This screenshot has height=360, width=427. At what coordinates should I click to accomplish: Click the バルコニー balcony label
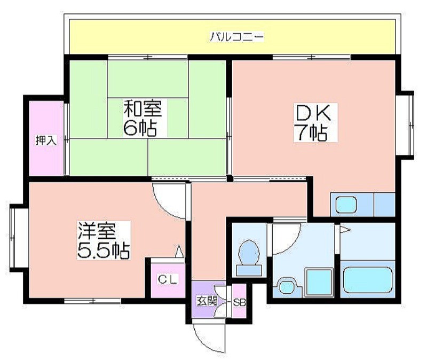[236, 37]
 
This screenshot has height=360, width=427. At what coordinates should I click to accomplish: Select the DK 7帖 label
[315, 122]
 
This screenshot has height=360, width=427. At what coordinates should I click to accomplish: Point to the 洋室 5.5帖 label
[104, 240]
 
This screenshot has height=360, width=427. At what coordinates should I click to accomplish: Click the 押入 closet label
[46, 140]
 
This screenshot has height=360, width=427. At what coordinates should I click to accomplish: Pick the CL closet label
[168, 279]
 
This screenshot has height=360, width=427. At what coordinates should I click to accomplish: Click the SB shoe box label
[240, 302]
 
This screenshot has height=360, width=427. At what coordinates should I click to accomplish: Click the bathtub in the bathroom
[368, 280]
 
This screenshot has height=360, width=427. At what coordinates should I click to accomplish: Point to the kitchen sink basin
[346, 205]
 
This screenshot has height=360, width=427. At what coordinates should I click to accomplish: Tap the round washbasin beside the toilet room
[287, 287]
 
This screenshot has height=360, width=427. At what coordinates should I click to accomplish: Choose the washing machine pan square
[319, 282]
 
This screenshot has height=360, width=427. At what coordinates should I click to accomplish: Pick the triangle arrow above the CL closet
[179, 251]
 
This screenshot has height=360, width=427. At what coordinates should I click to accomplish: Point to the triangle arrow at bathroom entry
[344, 230]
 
